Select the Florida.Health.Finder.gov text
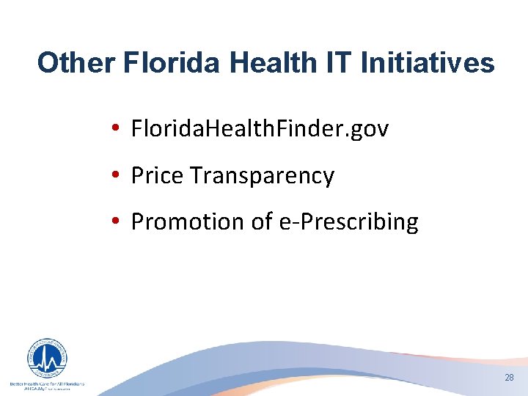click(x=260, y=130)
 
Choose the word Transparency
click(x=262, y=176)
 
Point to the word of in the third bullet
click(x=261, y=222)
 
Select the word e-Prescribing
click(x=349, y=222)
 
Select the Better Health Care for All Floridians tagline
click(x=46, y=384)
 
